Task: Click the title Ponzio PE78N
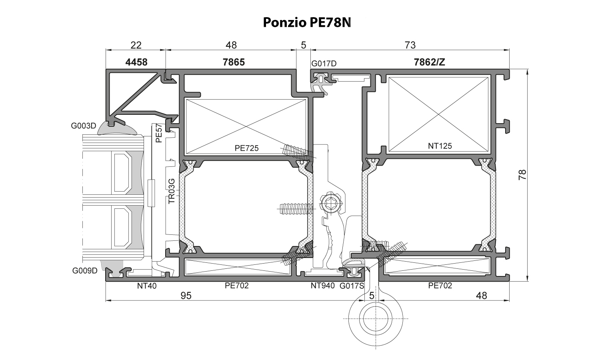click(x=307, y=22)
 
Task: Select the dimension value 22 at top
click(x=136, y=45)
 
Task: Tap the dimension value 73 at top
click(x=410, y=45)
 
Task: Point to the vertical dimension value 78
click(x=522, y=175)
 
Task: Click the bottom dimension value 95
click(x=186, y=296)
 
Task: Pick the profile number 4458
click(x=136, y=62)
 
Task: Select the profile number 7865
click(x=233, y=62)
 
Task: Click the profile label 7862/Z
click(x=429, y=62)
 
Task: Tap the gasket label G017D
click(x=324, y=63)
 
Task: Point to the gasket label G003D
click(x=84, y=126)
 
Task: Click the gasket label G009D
click(x=85, y=271)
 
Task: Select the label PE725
click(x=246, y=148)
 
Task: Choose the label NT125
click(x=440, y=146)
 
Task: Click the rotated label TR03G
click(x=172, y=191)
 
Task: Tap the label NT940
click(x=323, y=286)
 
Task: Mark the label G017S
click(x=352, y=286)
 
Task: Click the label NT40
click(x=147, y=286)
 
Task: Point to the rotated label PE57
click(x=159, y=133)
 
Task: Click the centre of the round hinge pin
click(x=375, y=318)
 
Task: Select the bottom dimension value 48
click(x=482, y=296)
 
